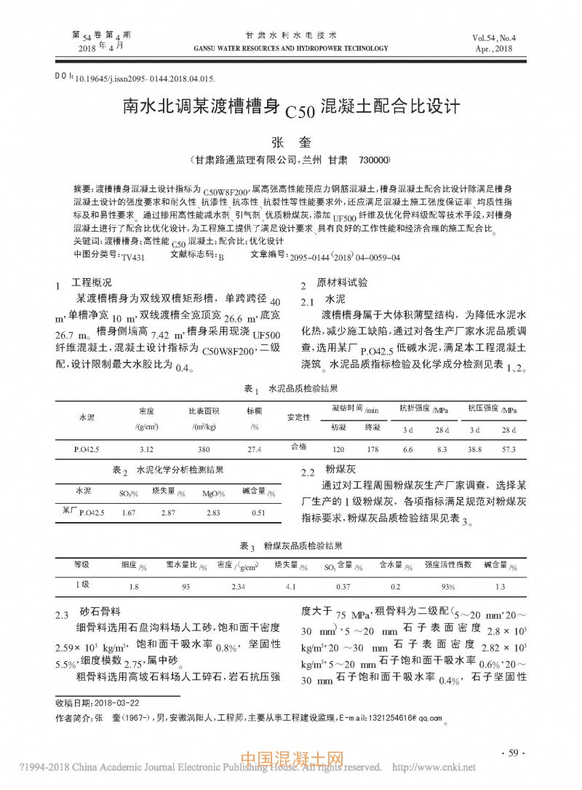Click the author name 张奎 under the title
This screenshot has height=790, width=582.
coord(290,142)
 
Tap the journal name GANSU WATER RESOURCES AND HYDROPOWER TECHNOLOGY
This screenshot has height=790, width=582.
coord(291,49)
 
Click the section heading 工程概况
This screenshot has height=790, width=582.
coord(91,283)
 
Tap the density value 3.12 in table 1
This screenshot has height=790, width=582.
coord(145,449)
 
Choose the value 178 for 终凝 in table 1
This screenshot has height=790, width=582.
coord(373,449)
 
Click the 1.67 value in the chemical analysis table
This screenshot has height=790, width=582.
coord(129,513)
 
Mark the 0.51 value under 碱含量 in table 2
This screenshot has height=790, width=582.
coord(258,513)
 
